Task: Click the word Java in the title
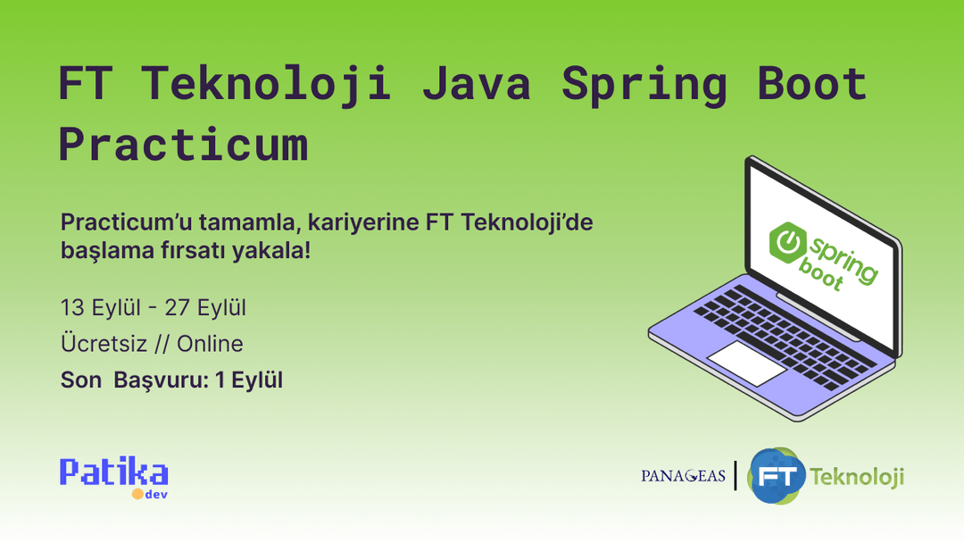[x=476, y=84]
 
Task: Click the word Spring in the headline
[x=644, y=84]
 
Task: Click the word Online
[x=210, y=344]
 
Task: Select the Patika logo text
[x=113, y=472]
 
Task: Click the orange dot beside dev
[x=137, y=494]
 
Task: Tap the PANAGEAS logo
[x=683, y=476]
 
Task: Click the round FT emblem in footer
[x=775, y=475]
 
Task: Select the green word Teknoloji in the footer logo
[x=857, y=476]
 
